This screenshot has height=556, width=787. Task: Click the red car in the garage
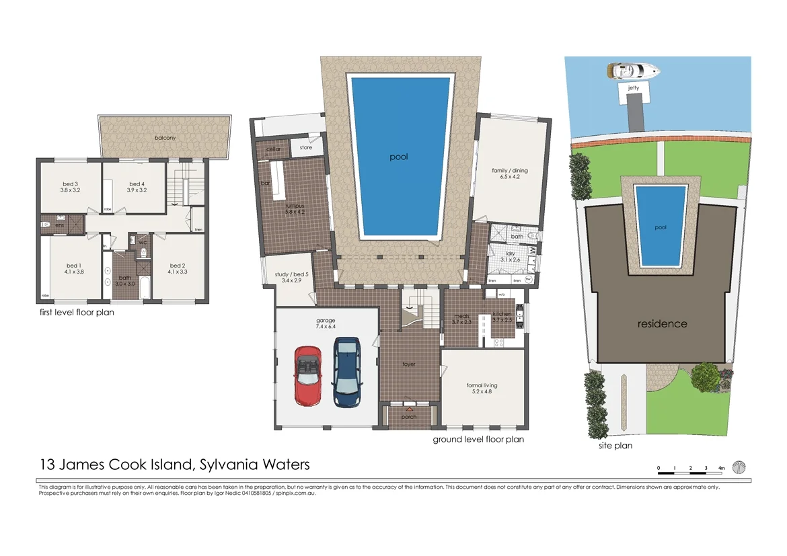(307, 375)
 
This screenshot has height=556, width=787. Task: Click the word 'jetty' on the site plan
(634, 87)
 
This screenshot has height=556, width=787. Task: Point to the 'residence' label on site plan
(663, 324)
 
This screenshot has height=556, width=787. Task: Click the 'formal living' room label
(482, 386)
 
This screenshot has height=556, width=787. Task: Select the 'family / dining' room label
(510, 171)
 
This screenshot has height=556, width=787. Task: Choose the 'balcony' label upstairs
(165, 138)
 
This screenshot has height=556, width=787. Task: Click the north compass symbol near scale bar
(739, 467)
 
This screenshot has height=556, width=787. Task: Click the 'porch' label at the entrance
(409, 417)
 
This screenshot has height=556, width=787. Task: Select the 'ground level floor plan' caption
(478, 439)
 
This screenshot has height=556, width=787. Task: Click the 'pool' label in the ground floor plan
(399, 157)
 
